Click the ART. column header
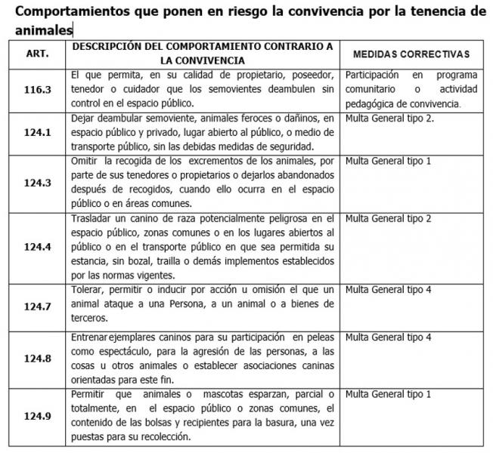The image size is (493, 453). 37,54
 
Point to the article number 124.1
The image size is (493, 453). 37,133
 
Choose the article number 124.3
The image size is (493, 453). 37,183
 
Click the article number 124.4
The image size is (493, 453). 37,247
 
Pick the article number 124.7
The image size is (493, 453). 37,306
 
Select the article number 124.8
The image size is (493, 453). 37,358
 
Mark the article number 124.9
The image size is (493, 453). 37,415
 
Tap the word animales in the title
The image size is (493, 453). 43,30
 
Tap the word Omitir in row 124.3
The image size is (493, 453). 82,161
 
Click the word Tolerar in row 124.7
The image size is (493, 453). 86,290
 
